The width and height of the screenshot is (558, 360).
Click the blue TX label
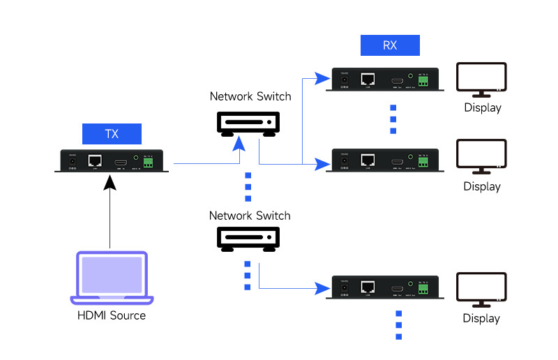point(112,133)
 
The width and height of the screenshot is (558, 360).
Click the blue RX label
point(389,46)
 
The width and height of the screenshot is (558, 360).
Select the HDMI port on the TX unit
point(121,161)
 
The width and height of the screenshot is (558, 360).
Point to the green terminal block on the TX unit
point(148,162)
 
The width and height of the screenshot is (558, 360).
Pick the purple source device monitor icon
point(112,278)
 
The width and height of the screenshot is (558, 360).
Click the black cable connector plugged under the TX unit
point(110,182)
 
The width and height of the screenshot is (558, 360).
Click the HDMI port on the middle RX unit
point(397,162)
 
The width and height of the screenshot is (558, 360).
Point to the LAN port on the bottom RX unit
point(368,287)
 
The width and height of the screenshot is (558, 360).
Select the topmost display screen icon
point(481,80)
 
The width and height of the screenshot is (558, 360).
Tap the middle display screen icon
point(481,156)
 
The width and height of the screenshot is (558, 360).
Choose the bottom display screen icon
point(481,290)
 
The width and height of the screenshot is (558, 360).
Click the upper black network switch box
point(248,123)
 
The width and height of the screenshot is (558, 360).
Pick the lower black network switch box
point(248,238)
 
